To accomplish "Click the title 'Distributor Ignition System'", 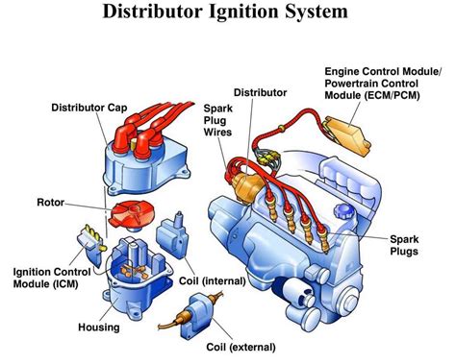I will [x=228, y=13].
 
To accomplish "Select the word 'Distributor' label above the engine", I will [x=259, y=92].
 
